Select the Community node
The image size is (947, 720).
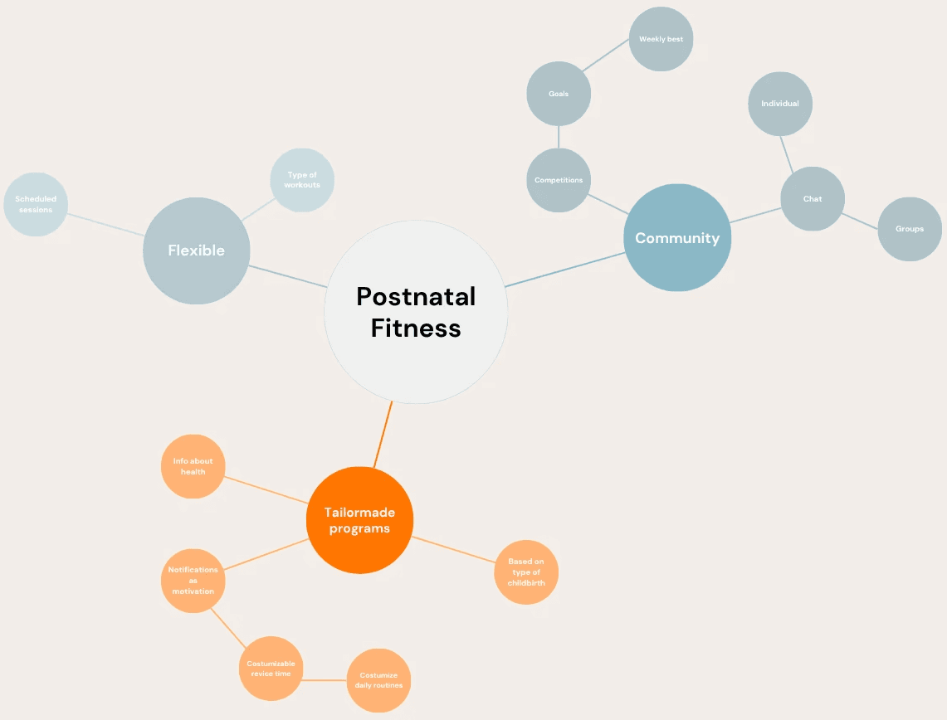click(x=677, y=238)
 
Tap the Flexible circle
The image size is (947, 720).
click(x=196, y=251)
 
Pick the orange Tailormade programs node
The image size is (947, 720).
click(x=359, y=520)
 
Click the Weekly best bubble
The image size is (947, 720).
click(x=661, y=39)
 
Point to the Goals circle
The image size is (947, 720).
click(x=559, y=94)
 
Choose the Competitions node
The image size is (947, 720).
click(x=559, y=180)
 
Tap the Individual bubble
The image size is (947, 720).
click(x=779, y=104)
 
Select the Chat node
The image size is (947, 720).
click(x=813, y=199)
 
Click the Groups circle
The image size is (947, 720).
click(x=910, y=229)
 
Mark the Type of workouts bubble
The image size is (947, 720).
click(x=302, y=180)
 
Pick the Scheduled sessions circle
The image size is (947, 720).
click(x=36, y=204)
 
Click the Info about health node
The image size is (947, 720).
click(x=193, y=466)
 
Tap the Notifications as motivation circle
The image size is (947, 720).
click(x=193, y=581)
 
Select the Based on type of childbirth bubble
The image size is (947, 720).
click(x=526, y=572)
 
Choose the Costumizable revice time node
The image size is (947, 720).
click(x=271, y=669)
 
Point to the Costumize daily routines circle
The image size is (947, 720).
click(x=378, y=681)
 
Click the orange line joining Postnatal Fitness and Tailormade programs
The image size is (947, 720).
click(x=383, y=435)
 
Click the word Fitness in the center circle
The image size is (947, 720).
click(x=415, y=328)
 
